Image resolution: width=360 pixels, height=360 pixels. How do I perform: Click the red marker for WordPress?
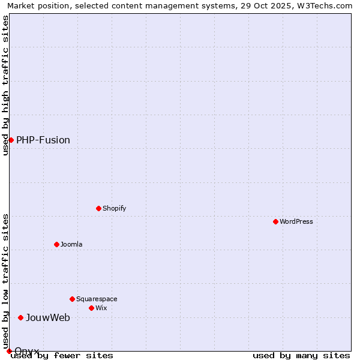tap(275, 221)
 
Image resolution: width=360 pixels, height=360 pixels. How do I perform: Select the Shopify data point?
tap(98, 208)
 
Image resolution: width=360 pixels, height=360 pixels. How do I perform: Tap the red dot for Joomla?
tap(56, 244)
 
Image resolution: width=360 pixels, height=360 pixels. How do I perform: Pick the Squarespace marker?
tap(72, 299)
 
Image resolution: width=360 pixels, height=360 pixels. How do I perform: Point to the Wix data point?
tap(91, 308)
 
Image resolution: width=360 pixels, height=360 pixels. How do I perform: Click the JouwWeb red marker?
tap(20, 317)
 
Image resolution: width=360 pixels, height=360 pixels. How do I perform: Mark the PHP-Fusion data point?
tap(11, 140)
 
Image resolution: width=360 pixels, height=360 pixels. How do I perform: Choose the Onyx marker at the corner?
tap(9, 351)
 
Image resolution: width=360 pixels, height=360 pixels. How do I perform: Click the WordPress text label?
tap(296, 221)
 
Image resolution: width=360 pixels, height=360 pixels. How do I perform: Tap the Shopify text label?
tap(115, 208)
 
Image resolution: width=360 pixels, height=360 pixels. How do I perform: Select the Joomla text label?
tap(71, 244)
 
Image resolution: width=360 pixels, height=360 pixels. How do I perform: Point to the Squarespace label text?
tap(97, 299)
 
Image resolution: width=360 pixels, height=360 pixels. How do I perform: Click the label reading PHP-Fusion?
tap(43, 140)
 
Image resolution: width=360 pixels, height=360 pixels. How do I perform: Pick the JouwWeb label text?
tap(48, 317)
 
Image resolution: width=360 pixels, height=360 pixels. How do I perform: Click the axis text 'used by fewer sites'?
tap(62, 356)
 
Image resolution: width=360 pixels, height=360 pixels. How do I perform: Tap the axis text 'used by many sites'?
tap(301, 356)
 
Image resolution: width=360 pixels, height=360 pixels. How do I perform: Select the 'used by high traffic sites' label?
tap(5, 85)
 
